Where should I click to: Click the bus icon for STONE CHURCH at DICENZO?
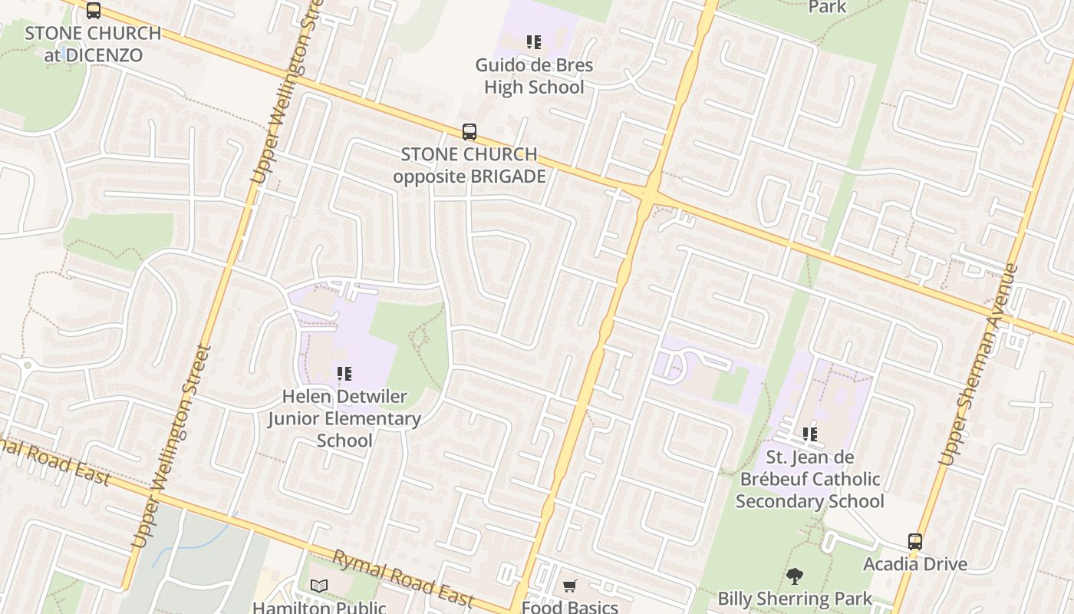pyautogui.click(x=94, y=11)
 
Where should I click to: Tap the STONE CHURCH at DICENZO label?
pyautogui.click(x=93, y=44)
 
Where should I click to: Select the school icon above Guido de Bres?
pyautogui.click(x=533, y=42)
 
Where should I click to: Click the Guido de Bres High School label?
pyautogui.click(x=534, y=76)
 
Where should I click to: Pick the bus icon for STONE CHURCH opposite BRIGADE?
pyautogui.click(x=469, y=131)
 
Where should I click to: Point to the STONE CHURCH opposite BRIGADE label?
pyautogui.click(x=469, y=165)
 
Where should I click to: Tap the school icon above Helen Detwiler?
pyautogui.click(x=344, y=374)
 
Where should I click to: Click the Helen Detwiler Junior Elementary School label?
pyautogui.click(x=344, y=418)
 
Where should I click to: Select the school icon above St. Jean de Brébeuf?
pyautogui.click(x=810, y=434)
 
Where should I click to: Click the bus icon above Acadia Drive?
pyautogui.click(x=915, y=541)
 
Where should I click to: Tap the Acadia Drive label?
pyautogui.click(x=915, y=564)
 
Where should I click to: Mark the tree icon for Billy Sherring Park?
pyautogui.click(x=795, y=576)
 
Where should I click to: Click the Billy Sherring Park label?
pyautogui.click(x=795, y=599)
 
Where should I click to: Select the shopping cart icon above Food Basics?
pyautogui.click(x=570, y=586)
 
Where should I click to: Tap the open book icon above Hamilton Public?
pyautogui.click(x=319, y=586)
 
